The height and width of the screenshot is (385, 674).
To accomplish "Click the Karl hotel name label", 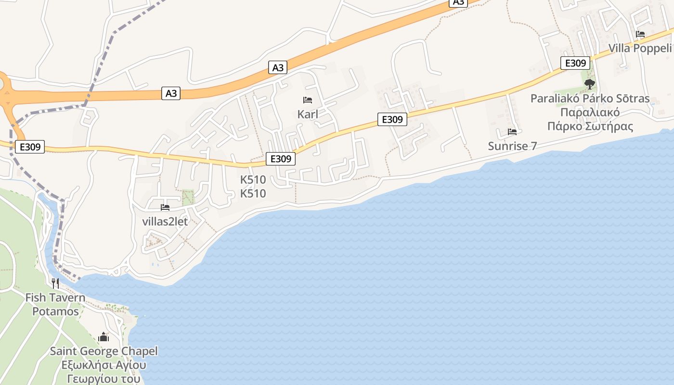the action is point(308,115).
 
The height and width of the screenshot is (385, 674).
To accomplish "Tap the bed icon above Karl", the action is point(308,100).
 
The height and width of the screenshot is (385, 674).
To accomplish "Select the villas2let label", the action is point(165,221).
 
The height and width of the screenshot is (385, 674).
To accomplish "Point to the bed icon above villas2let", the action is point(165,207).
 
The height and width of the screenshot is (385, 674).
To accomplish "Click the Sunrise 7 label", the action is point(512,146).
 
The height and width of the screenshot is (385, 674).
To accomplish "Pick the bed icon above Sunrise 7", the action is point(512,131).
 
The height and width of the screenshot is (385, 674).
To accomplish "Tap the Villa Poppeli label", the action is point(640,48).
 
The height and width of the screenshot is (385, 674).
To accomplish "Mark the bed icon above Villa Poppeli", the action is point(640,34).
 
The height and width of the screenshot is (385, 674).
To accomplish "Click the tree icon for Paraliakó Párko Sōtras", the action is point(589,84).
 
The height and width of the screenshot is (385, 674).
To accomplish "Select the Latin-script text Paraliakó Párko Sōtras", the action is point(590,99).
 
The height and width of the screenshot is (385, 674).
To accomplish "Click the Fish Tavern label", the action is point(55,297).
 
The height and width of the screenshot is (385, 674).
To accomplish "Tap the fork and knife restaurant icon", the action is point(55,283).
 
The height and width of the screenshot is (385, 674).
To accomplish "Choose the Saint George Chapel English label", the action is point(104,351).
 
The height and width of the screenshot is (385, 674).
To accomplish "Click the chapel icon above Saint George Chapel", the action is point(104,337).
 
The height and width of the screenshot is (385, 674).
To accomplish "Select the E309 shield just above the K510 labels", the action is point(280,158).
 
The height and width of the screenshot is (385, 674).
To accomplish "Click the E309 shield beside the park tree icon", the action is point(575,63).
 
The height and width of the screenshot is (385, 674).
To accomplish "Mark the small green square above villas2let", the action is point(188,196).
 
